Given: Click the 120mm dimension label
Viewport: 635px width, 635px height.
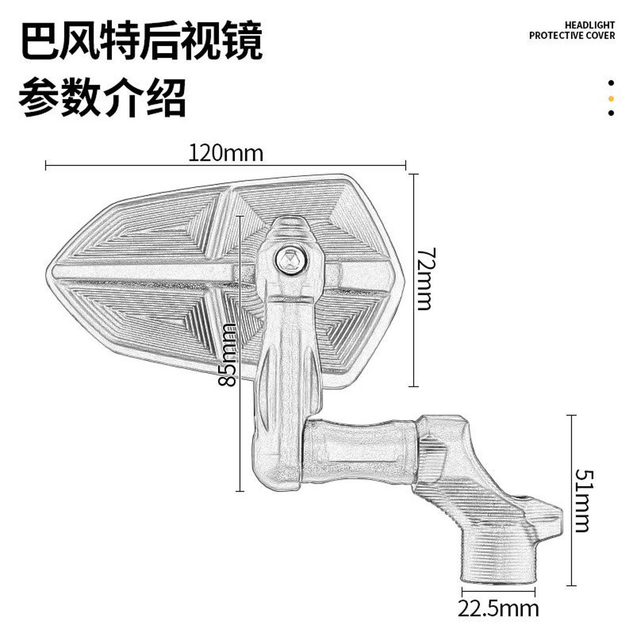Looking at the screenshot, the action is point(225,153).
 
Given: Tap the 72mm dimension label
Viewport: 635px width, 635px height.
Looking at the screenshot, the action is point(426,279).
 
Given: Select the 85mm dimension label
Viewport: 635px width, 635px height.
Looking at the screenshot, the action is point(228,355).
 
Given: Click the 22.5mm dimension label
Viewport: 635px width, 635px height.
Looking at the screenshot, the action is point(498,609).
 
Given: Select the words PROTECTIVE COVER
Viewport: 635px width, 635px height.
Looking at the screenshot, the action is point(572,36).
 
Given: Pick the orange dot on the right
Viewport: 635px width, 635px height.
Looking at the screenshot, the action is point(611,98).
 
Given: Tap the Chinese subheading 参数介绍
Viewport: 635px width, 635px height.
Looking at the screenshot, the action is point(102,97).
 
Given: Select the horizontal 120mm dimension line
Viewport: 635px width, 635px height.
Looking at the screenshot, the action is point(132,166).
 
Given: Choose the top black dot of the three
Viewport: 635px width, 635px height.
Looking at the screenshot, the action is point(611,82).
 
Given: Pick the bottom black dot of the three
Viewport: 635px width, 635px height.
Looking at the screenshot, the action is point(611,113).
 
